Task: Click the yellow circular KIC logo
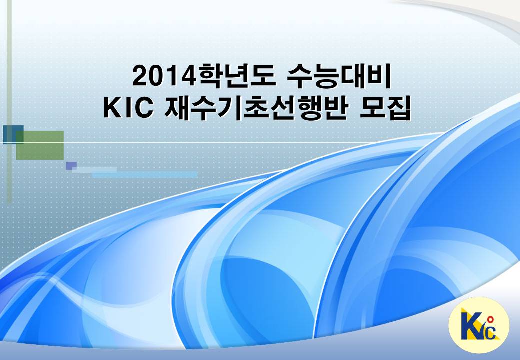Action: (x=479, y=325)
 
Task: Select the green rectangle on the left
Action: (x=40, y=145)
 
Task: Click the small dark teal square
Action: (x=13, y=135)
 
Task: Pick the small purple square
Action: (x=71, y=165)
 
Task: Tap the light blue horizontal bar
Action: (x=145, y=174)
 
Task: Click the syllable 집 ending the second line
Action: (x=399, y=108)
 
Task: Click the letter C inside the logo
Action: (x=491, y=332)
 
